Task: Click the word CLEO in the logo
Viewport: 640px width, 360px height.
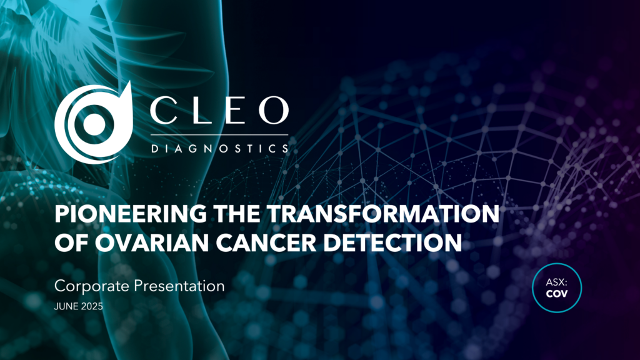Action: [219, 111]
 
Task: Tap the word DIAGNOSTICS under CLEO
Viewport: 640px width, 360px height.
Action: [220, 149]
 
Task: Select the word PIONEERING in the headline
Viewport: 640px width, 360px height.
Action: [131, 214]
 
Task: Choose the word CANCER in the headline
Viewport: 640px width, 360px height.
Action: [266, 242]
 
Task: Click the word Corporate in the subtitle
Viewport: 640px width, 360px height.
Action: [92, 286]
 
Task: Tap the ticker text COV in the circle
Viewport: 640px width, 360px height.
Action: [557, 294]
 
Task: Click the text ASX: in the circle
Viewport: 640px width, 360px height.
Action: [557, 282]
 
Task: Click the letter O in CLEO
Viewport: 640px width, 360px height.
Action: [274, 111]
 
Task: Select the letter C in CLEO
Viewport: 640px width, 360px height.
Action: [164, 111]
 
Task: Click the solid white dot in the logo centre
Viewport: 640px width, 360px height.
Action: [94, 122]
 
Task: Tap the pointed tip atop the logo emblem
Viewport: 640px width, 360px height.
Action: [129, 82]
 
